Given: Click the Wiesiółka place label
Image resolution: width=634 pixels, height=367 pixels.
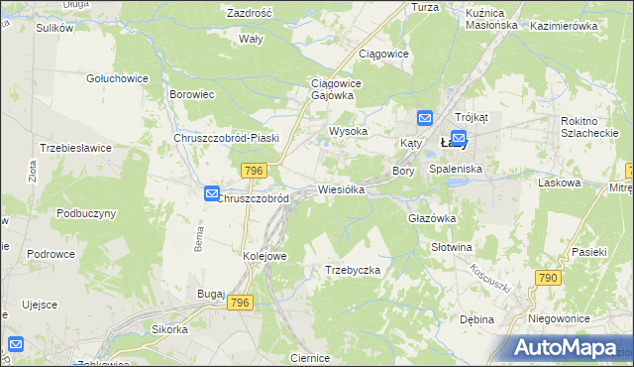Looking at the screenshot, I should point(342,188).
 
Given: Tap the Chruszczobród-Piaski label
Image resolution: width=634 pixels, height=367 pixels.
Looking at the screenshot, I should point(226,138).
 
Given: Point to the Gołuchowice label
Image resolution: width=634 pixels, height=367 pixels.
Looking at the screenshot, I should point(117,78).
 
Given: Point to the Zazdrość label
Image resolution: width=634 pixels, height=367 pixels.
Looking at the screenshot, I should point(250,13).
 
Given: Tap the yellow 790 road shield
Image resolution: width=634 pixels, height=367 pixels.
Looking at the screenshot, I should point(548,279).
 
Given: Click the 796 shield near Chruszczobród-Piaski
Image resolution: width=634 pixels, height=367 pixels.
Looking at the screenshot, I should point(253,171).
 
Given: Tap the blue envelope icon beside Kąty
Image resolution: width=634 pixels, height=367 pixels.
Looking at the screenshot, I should point(425,119).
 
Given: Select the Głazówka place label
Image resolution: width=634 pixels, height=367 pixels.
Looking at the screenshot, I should point(431,218).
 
